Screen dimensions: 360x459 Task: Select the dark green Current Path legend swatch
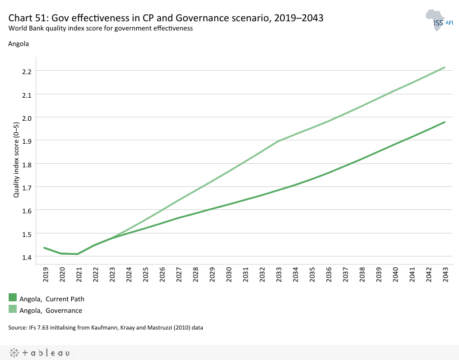coord(13,298)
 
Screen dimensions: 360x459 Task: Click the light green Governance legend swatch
coord(13,310)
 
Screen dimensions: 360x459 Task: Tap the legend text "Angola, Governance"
coord(51,311)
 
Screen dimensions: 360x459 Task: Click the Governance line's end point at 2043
coord(445,67)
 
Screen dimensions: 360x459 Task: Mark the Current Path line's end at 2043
coord(445,122)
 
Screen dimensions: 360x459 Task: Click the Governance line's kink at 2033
coord(279,141)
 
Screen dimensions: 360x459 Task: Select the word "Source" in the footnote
coord(18,328)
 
